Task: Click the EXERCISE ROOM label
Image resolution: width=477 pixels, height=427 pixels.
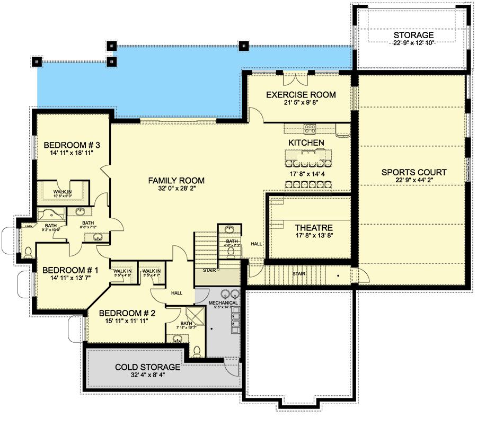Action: (x=301, y=95)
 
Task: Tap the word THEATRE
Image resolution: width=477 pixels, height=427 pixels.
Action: (x=314, y=228)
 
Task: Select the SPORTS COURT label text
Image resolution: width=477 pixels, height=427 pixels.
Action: (x=414, y=172)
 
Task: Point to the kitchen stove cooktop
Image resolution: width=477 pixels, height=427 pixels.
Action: (x=310, y=128)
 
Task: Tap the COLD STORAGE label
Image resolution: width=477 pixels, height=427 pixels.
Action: (x=148, y=367)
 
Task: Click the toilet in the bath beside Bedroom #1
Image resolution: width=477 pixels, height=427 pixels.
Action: (x=28, y=251)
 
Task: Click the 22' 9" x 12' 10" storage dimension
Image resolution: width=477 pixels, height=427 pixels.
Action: (x=413, y=43)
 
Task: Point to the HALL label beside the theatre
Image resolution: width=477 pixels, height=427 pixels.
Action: (x=257, y=244)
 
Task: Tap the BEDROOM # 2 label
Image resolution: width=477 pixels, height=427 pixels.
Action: (x=123, y=312)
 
